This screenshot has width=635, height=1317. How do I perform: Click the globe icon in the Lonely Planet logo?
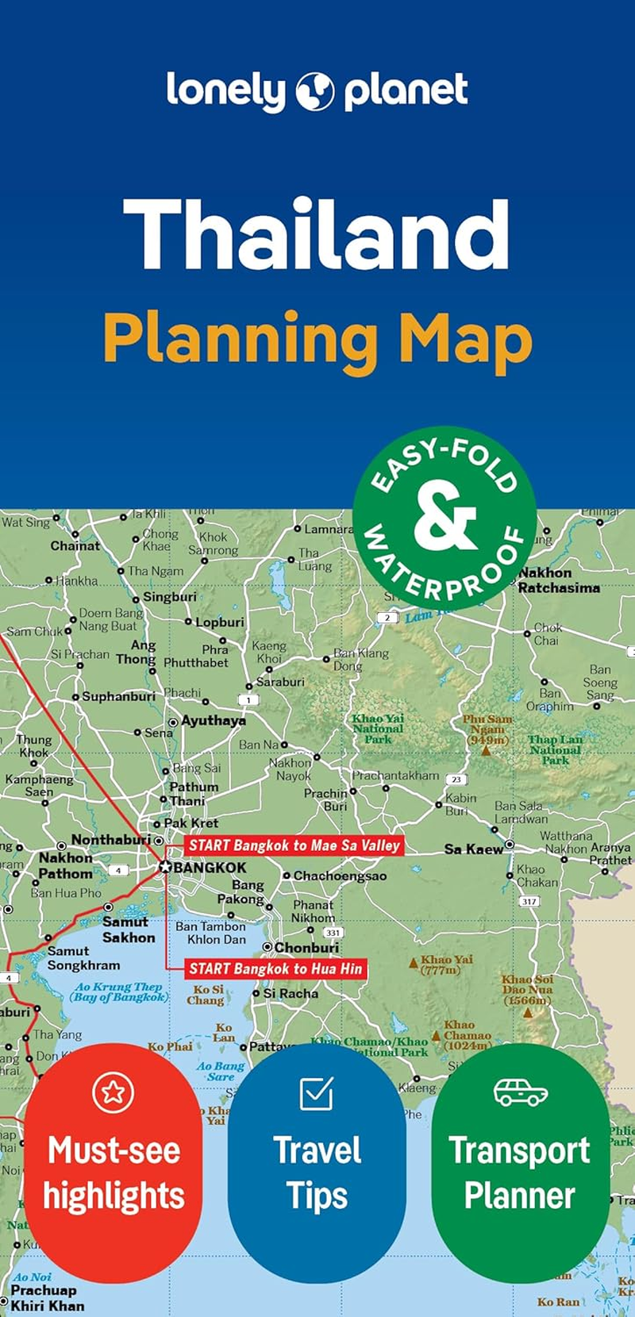point(315,91)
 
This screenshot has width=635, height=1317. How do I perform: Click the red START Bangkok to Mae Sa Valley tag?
point(294,845)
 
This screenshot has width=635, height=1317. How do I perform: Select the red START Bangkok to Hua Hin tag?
point(275,968)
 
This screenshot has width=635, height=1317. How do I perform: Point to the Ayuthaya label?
point(214,721)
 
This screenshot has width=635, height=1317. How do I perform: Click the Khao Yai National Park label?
point(378,729)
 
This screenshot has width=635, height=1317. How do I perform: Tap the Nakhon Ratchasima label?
point(558,580)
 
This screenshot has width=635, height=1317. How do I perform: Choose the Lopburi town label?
point(220,622)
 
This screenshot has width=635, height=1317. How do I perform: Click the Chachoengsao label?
point(340,876)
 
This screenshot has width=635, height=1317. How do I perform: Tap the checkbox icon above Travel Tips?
point(316,1093)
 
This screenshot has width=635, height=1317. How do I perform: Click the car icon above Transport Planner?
point(520,1092)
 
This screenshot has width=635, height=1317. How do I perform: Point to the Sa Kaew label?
point(473,849)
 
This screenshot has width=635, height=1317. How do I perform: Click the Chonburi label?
point(306,948)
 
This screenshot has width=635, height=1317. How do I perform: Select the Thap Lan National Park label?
point(556,749)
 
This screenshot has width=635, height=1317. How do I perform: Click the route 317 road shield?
point(529,901)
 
